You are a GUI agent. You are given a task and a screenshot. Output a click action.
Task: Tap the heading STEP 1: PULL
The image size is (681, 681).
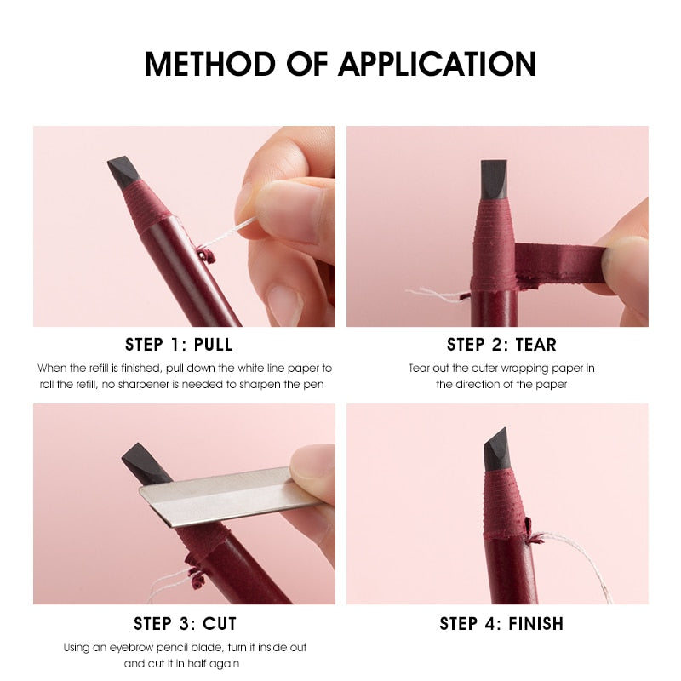tap(179, 345)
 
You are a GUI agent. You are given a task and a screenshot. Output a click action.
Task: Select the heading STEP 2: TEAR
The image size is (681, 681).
tap(501, 345)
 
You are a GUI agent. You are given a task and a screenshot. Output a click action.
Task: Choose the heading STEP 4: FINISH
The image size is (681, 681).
tap(501, 623)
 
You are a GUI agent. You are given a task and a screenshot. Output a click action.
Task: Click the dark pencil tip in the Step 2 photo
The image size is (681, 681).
tap(494, 179)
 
